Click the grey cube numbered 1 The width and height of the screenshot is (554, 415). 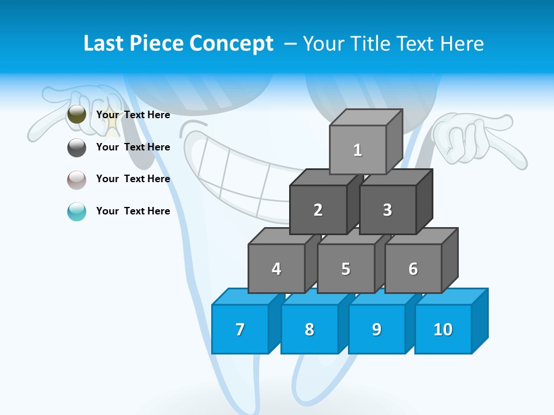tap(358, 150)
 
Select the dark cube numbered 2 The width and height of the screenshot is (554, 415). tap(318, 210)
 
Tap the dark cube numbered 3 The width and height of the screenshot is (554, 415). tap(387, 210)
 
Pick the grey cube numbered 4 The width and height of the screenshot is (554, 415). tap(276, 269)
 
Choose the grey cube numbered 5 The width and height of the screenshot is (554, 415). tap(346, 269)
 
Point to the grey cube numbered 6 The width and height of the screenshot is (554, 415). tap(413, 269)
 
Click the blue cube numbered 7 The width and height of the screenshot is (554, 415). tap(240, 329)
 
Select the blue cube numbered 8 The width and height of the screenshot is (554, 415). tap(309, 329)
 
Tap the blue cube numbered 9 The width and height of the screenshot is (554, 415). tap(376, 329)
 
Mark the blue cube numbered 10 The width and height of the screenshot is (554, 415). tap(443, 329)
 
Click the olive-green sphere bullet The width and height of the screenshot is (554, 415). tap(77, 115)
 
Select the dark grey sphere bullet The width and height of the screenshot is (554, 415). tap(77, 147)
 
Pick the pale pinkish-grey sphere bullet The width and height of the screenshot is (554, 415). tap(77, 179)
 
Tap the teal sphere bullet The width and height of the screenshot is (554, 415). tap(77, 212)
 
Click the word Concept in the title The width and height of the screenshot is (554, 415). tap(231, 44)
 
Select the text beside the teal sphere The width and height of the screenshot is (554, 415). tap(133, 211)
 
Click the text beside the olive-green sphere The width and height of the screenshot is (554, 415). tap(133, 115)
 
